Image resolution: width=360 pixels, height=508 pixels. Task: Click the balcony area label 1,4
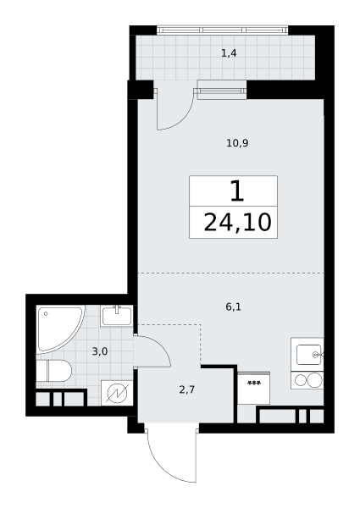[x=229, y=52]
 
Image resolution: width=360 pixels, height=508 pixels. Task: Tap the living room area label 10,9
[x=237, y=143]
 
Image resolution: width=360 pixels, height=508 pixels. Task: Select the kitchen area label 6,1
[x=233, y=306]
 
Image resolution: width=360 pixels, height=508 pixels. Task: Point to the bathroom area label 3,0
[x=100, y=351]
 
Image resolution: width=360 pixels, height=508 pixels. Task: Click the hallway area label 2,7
[x=187, y=389]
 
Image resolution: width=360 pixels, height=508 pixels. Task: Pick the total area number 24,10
[x=237, y=223]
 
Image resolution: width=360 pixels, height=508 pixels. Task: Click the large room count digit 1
[x=237, y=191]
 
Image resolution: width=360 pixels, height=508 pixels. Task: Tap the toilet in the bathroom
[x=53, y=370]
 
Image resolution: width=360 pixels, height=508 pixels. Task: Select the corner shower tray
[x=60, y=329]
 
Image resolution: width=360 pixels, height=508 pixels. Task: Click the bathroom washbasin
[x=117, y=316]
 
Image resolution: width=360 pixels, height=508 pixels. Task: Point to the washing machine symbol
[x=117, y=393]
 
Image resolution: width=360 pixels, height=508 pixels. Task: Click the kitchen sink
[x=307, y=355]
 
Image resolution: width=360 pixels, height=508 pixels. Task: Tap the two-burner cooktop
[x=307, y=380]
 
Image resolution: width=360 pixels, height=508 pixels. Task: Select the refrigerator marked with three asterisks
[x=254, y=388]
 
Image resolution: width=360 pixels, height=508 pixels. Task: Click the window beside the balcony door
[x=222, y=90]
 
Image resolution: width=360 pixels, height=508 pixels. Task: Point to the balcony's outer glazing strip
[x=223, y=30]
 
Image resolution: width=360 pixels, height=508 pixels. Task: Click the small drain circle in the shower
[x=46, y=313]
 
